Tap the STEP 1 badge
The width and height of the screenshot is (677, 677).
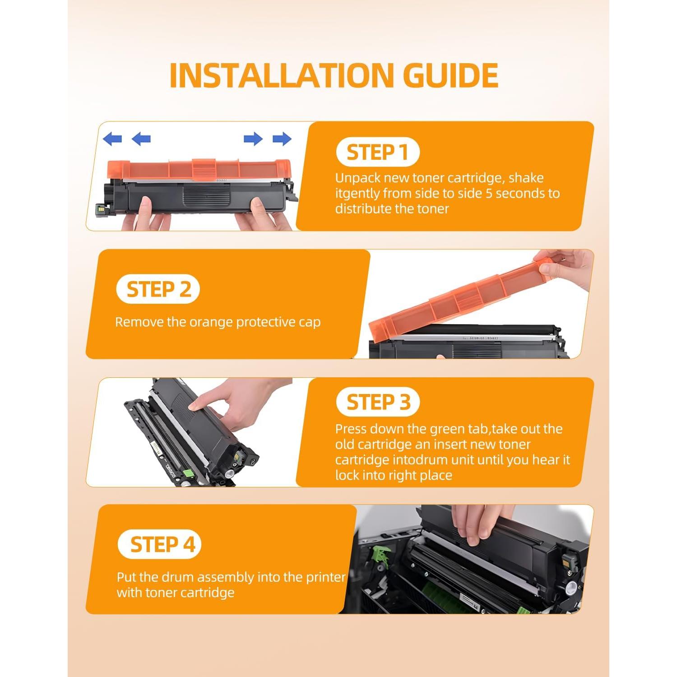[378, 152]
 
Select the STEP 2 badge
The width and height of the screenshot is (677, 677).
[158, 289]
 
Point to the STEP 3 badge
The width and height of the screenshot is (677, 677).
[378, 402]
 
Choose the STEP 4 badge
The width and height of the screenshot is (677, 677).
[159, 544]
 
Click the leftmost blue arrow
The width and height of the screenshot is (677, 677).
[112, 139]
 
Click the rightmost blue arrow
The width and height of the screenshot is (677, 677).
[282, 139]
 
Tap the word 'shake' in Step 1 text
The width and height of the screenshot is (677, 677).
[526, 178]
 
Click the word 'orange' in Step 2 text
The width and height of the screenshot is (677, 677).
[211, 322]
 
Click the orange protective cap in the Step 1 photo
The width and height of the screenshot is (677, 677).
[199, 169]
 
